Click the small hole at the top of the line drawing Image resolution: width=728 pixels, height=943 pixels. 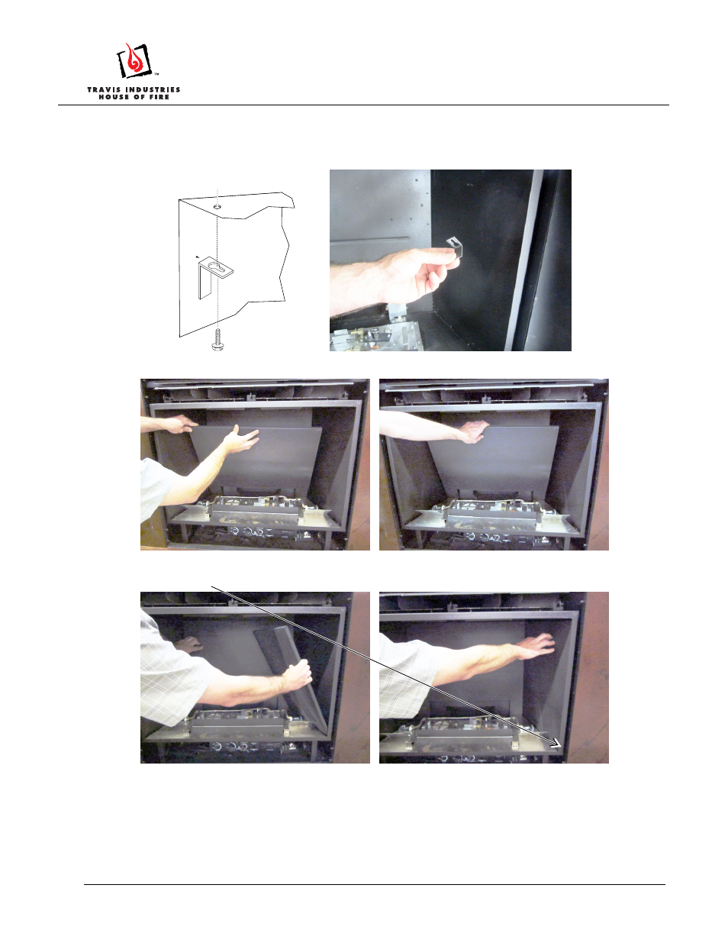(217, 205)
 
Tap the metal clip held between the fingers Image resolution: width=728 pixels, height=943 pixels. (455, 246)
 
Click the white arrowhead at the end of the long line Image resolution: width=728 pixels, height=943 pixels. (557, 744)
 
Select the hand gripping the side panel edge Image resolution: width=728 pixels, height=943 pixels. (297, 675)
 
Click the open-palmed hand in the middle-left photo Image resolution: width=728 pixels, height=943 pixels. (240, 439)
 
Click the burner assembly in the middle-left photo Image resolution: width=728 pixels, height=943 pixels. (256, 507)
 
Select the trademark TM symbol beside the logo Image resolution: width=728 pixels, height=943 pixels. (156, 74)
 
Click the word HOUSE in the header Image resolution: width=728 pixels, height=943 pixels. (111, 97)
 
